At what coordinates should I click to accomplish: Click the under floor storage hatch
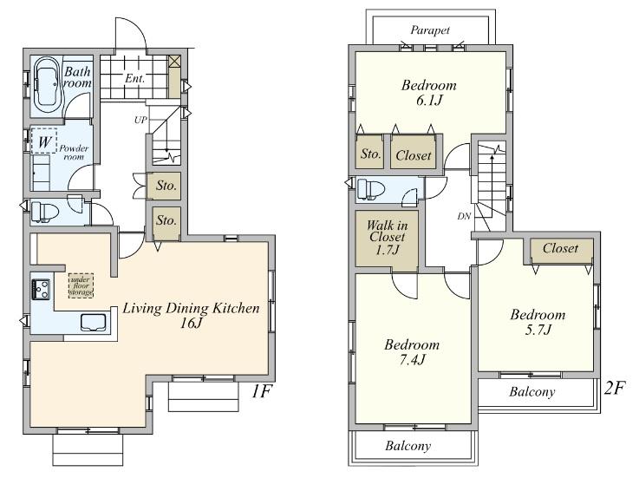82,285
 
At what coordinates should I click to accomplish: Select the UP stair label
140,120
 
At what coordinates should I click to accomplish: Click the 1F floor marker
263,392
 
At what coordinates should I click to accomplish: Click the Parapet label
431,29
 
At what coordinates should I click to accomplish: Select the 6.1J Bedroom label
429,94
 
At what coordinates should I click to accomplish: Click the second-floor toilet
374,188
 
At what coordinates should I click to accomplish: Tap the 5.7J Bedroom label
537,323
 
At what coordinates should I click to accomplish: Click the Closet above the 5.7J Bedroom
560,249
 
